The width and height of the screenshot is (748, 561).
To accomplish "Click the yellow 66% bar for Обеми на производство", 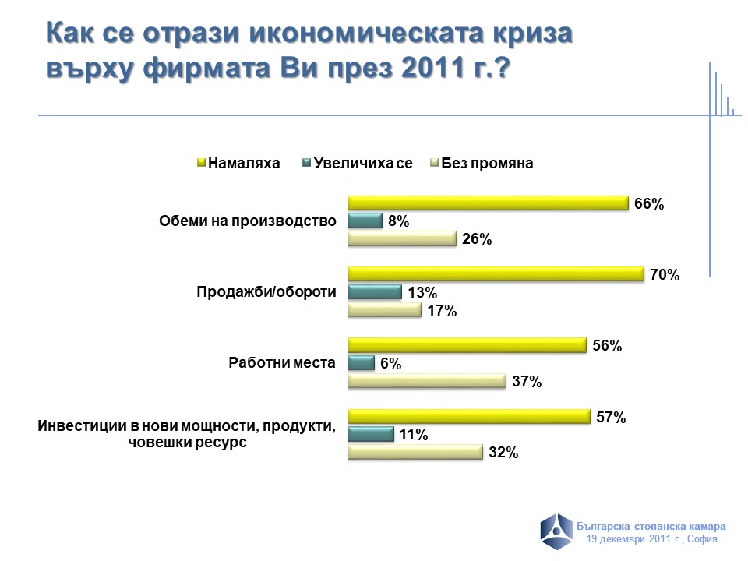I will point(488,203).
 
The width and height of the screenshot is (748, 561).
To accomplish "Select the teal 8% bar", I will point(365,221).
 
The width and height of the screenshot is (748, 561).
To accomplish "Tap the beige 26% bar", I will point(401,239).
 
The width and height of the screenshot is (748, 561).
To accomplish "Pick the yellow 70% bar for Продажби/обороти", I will point(496,274).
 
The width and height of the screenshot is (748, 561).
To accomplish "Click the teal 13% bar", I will point(374,292).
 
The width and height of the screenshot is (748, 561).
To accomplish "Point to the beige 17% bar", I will point(384,310).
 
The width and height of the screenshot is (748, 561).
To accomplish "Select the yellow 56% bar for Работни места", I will point(467,345).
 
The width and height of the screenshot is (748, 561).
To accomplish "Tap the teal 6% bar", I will point(361,363).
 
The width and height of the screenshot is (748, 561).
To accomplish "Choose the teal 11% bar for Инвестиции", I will point(371,434).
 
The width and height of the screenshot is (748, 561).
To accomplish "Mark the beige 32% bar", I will point(415,452).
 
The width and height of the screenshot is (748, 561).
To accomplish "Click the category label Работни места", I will point(281,362).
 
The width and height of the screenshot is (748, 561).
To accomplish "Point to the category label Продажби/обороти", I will point(265,292).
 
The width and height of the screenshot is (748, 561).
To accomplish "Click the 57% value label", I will point(611,418).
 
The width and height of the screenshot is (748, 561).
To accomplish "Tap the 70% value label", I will point(665,275).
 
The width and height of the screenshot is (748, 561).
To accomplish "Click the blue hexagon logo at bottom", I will point(557,531).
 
